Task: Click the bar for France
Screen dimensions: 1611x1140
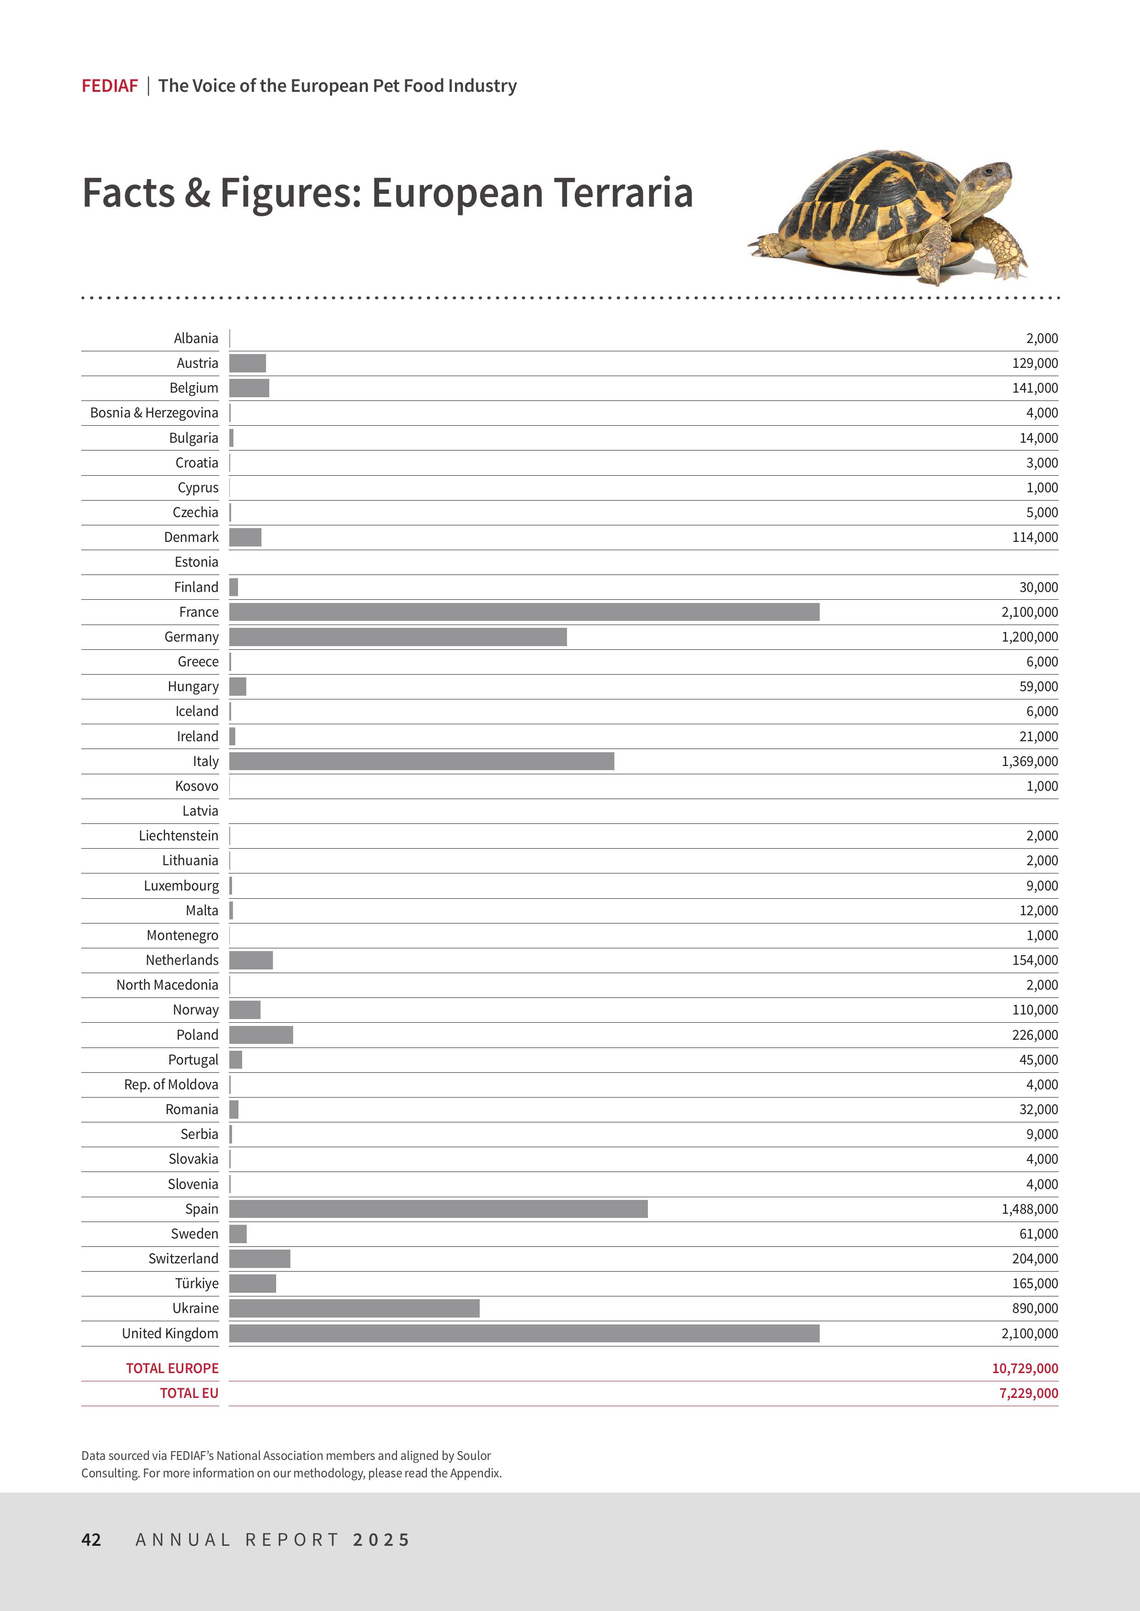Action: pos(524,612)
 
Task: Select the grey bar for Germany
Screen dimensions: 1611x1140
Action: pos(397,637)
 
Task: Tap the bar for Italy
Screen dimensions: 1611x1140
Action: pos(421,761)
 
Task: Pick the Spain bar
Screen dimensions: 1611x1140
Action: pos(438,1209)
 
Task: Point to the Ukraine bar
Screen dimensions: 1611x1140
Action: pos(354,1308)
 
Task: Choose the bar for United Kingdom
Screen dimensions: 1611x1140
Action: pos(524,1333)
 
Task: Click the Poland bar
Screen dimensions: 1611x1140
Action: pos(261,1035)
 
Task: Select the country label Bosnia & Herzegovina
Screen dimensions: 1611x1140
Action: pos(154,412)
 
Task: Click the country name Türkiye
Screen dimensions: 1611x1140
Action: pos(197,1283)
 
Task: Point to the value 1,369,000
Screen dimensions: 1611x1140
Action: pos(1029,761)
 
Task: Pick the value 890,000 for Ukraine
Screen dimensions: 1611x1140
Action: pos(1035,1308)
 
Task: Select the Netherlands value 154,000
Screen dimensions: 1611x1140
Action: pos(1035,960)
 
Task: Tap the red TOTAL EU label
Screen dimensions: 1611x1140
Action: pos(189,1393)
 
